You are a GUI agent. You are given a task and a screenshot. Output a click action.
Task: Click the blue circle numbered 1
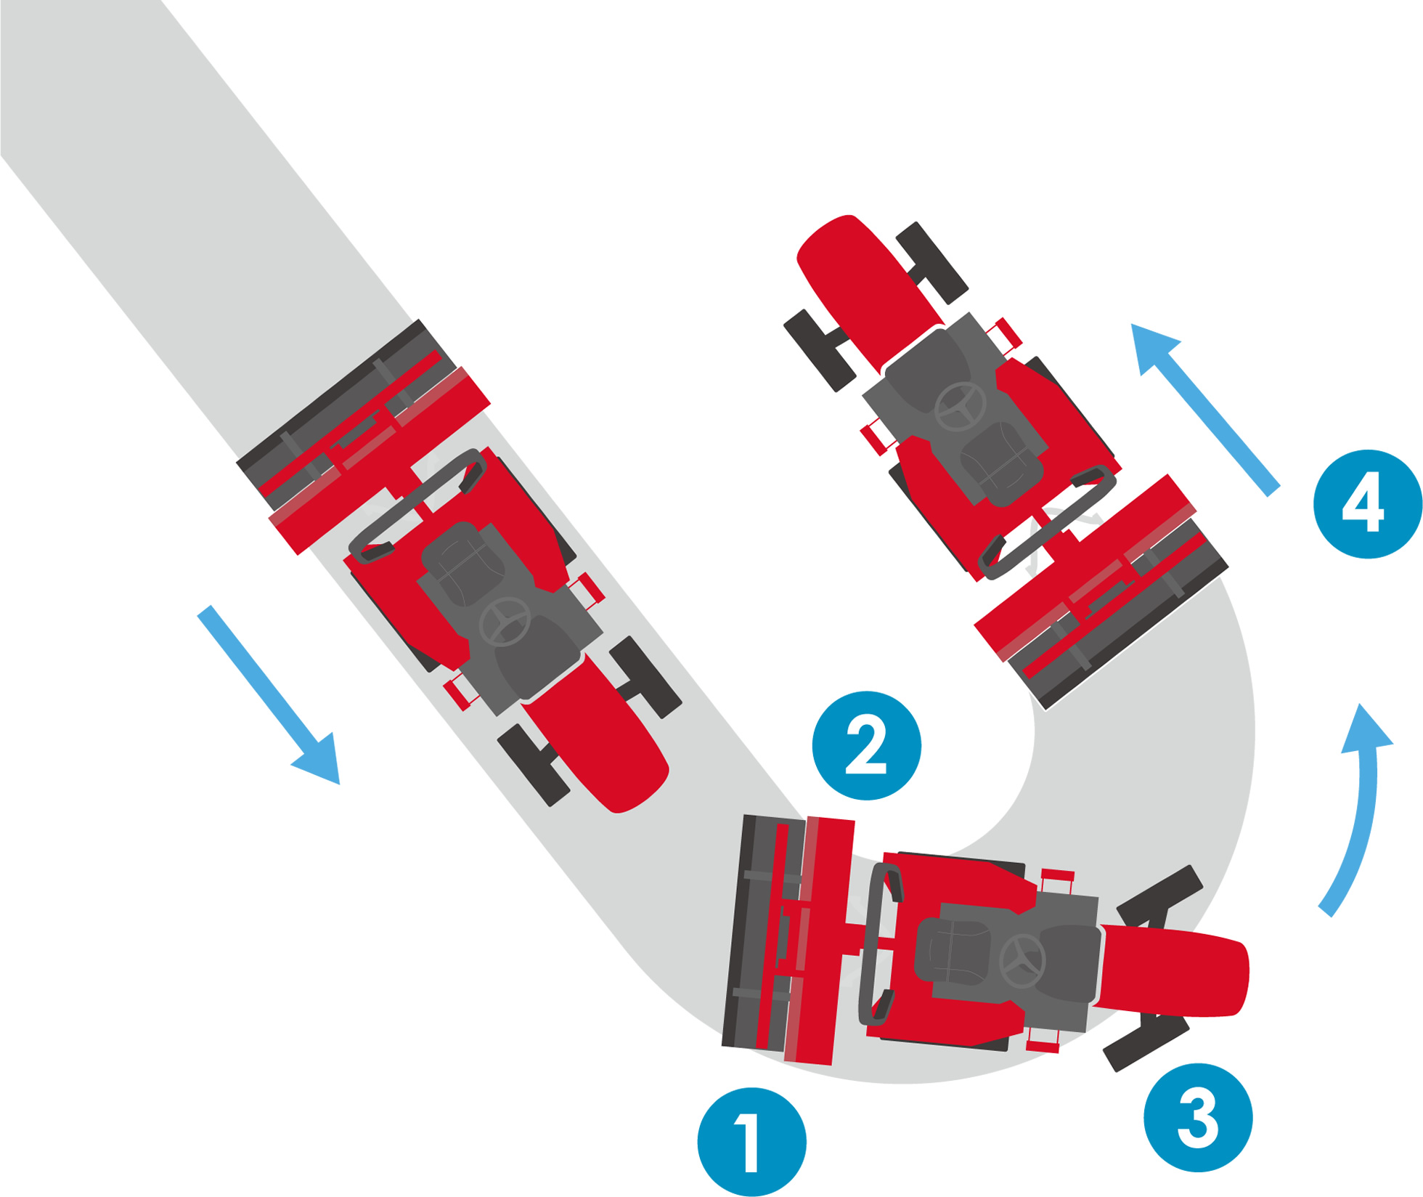pyautogui.click(x=751, y=1142)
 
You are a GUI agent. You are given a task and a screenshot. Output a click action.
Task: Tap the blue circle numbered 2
pyautogui.click(x=866, y=745)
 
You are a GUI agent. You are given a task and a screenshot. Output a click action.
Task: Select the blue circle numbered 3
pyautogui.click(x=1198, y=1117)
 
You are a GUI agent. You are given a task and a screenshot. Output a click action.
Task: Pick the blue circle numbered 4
pyautogui.click(x=1368, y=504)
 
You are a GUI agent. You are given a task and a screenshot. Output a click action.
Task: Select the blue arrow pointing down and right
pyautogui.click(x=269, y=695)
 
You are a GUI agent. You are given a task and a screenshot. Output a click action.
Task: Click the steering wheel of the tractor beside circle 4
pyautogui.click(x=960, y=406)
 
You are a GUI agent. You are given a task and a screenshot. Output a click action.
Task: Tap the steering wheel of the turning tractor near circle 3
pyautogui.click(x=1022, y=961)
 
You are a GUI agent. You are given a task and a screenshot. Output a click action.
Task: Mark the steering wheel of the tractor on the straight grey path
pyautogui.click(x=505, y=622)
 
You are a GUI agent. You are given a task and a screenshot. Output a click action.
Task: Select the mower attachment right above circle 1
pyautogui.click(x=788, y=938)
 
